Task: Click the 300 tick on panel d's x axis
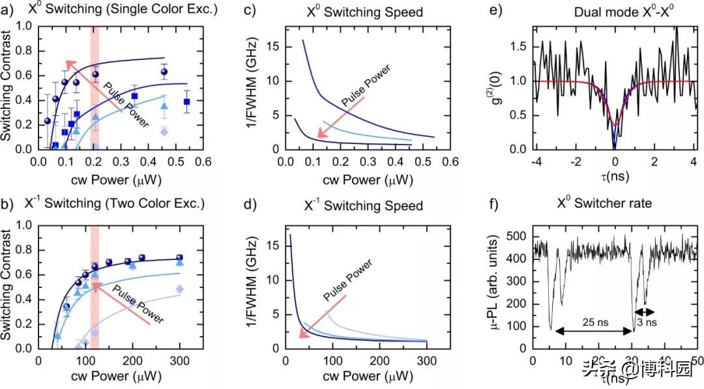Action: [x=426, y=362]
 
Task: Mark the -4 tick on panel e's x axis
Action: [x=534, y=162]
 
